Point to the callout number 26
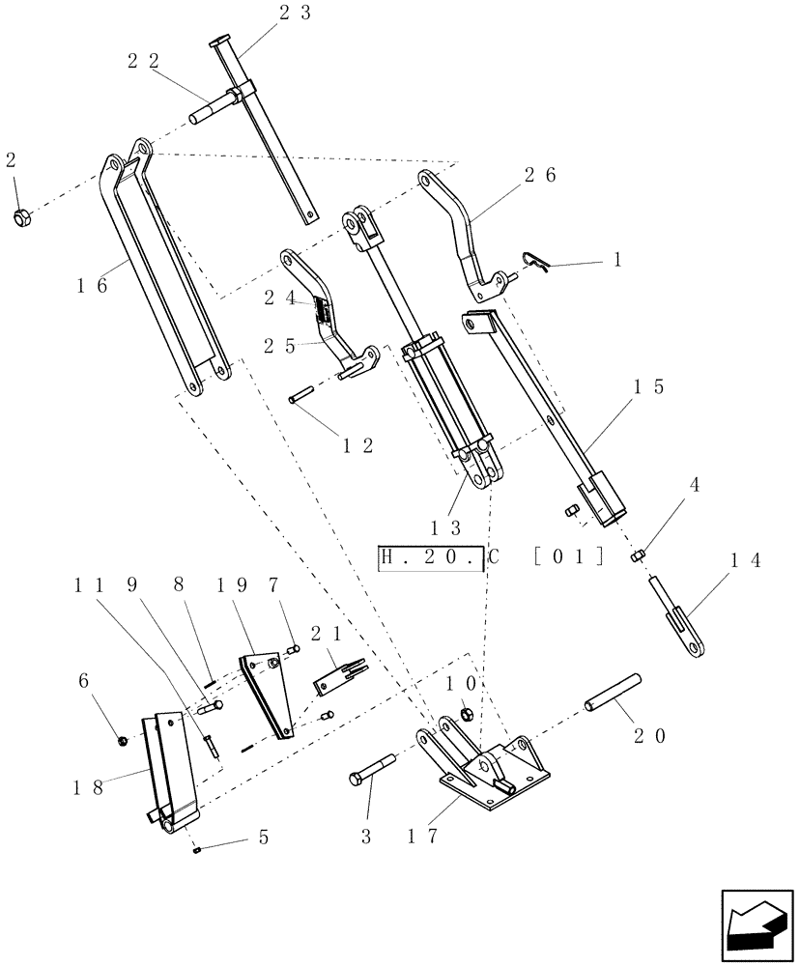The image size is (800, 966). [541, 175]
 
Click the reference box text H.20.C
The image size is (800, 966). [430, 558]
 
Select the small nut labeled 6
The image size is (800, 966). [124, 741]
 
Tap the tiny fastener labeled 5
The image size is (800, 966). [196, 849]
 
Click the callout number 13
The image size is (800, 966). [447, 528]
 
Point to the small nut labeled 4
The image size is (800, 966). [638, 555]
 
